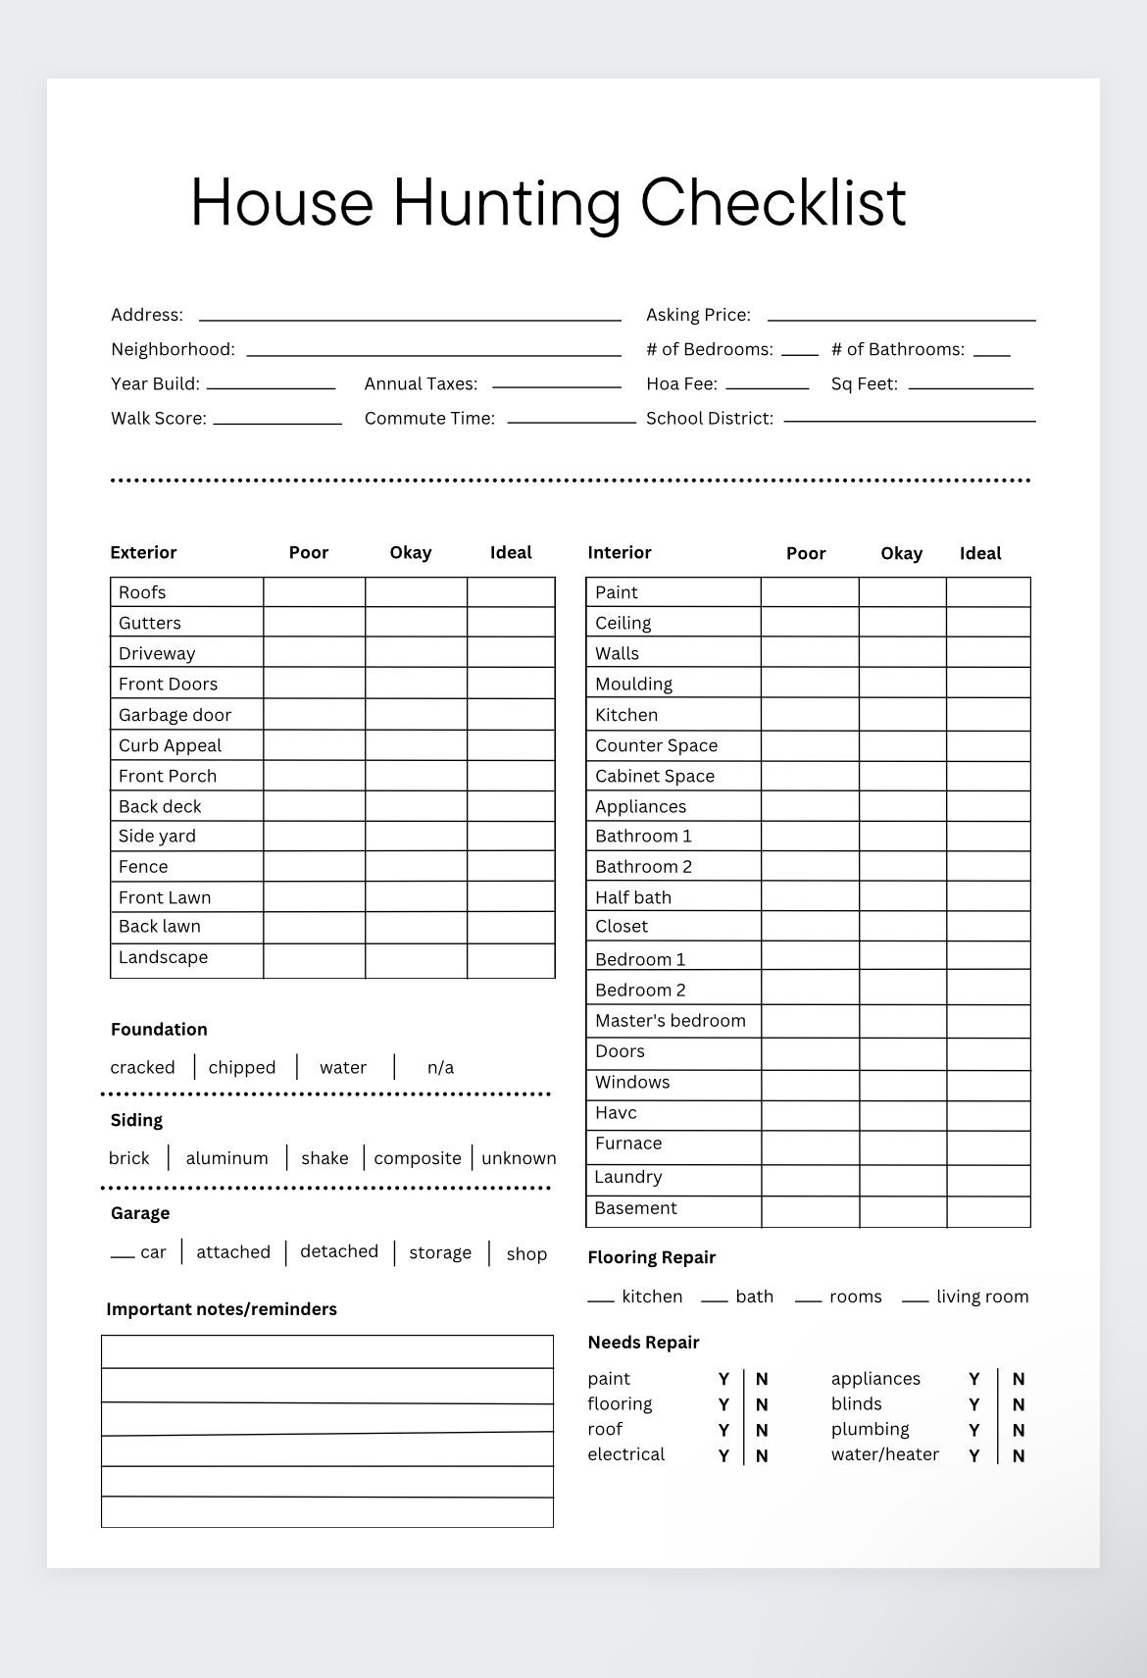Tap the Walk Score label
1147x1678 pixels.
158,419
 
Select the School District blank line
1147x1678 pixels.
909,419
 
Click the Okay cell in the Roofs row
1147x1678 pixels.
416,592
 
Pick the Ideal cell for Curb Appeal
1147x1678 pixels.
511,745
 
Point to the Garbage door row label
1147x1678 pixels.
175,715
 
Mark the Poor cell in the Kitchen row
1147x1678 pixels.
810,715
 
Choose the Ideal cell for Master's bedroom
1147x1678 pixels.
988,1021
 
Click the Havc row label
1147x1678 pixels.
616,1113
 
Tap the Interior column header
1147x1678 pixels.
620,553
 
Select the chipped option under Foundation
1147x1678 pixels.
242,1068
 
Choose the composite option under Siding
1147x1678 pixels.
418,1158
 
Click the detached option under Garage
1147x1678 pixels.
339,1252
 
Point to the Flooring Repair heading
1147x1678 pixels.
652,1258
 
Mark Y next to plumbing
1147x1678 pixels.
974,1431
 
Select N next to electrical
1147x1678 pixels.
762,1456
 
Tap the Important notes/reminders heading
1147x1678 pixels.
222,1309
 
